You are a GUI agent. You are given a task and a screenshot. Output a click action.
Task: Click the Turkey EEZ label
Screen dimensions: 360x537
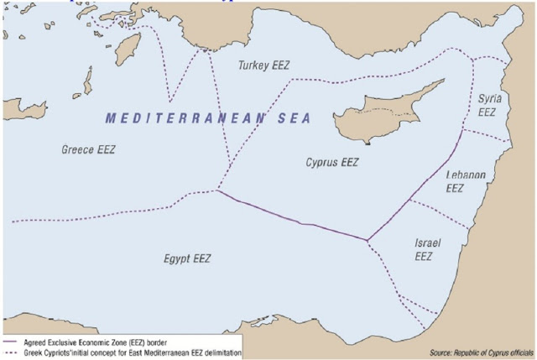(x=264, y=65)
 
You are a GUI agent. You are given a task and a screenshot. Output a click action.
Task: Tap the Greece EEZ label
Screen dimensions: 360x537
(x=88, y=149)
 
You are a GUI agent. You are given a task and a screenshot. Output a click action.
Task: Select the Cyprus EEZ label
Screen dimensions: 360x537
(x=331, y=162)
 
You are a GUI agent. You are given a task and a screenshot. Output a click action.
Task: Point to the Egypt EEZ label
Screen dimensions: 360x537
(x=187, y=258)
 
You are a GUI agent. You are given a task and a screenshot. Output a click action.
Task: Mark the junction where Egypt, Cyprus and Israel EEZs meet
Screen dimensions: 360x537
(x=367, y=241)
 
